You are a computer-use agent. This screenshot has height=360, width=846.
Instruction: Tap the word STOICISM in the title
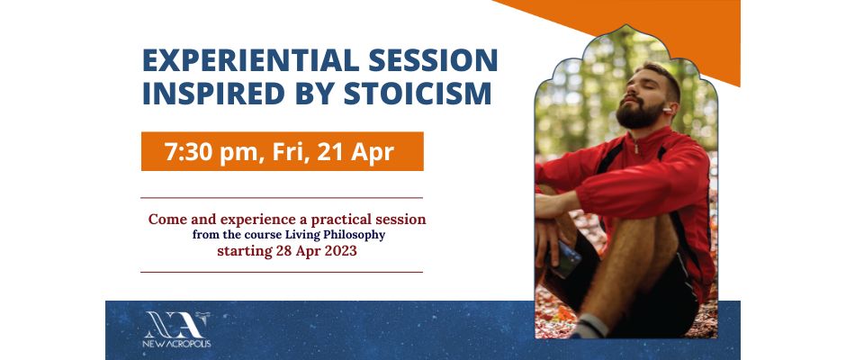pyautogui.click(x=418, y=93)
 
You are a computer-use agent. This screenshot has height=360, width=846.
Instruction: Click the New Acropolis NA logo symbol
pyautogui.click(x=176, y=324)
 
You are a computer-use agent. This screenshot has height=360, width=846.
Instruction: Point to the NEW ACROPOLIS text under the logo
pyautogui.click(x=176, y=344)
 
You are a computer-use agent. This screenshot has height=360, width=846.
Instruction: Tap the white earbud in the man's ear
pyautogui.click(x=668, y=110)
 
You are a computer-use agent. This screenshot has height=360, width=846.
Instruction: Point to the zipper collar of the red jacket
pyautogui.click(x=637, y=144)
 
